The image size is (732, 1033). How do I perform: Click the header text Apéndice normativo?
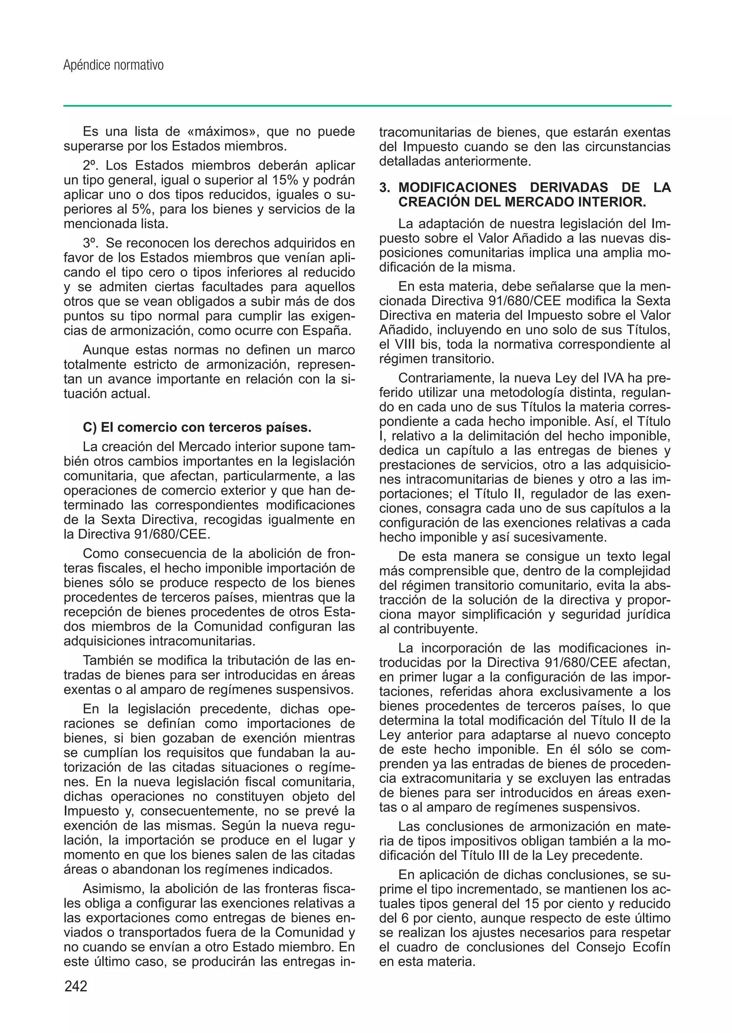coord(114,66)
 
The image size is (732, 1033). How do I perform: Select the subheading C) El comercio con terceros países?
coord(197,427)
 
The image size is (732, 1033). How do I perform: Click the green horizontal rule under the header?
coord(367,106)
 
